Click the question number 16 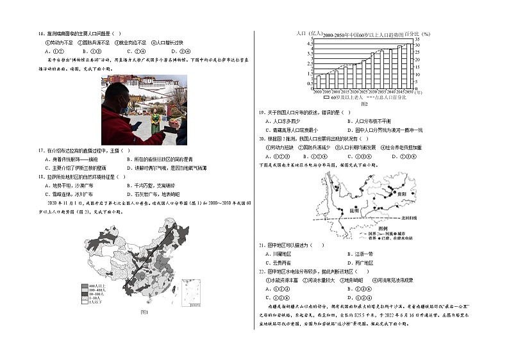42,34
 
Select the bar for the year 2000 318,82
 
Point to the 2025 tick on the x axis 363,92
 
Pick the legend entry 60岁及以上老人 338,97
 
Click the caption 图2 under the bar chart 363,103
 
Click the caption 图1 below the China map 144,312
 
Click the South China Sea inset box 190,294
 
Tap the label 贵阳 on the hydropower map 399,193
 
